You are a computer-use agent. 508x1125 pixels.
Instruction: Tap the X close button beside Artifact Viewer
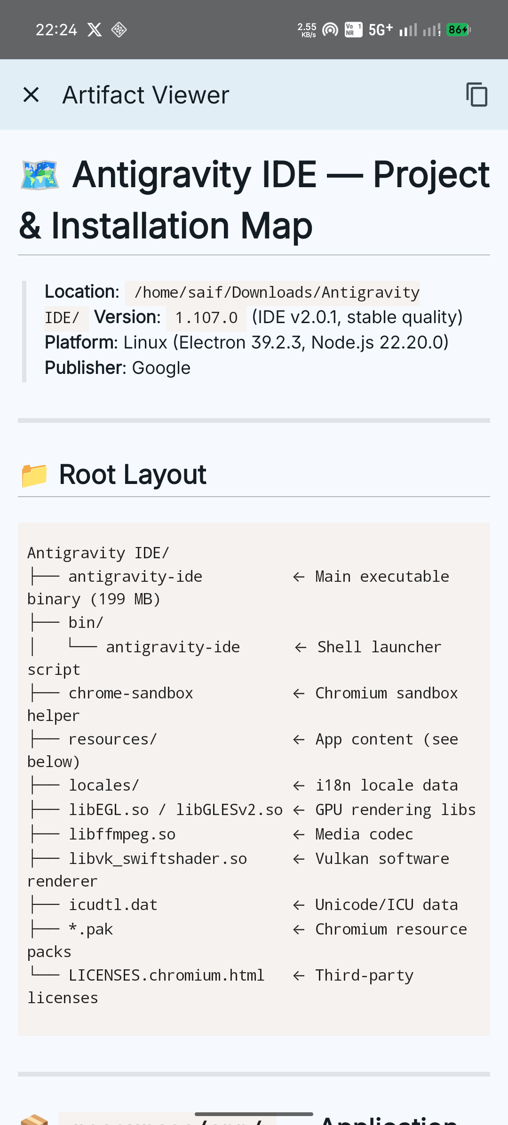[x=31, y=95]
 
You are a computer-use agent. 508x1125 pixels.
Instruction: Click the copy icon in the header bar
[x=476, y=95]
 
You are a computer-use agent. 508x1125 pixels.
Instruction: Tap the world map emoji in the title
[x=40, y=175]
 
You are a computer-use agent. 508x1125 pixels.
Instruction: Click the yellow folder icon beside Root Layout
[x=34, y=475]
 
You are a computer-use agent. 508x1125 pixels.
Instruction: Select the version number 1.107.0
[x=206, y=318]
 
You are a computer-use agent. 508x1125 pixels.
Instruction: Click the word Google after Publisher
[x=161, y=368]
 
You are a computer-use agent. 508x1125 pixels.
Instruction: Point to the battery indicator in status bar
[x=459, y=30]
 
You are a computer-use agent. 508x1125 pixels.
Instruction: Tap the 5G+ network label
[x=381, y=30]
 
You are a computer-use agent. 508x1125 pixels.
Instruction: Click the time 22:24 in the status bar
[x=56, y=30]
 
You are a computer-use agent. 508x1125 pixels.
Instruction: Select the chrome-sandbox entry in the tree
[x=131, y=693]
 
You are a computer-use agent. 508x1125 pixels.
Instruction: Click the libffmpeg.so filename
[x=122, y=834]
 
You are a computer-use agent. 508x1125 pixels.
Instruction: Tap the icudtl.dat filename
[x=113, y=905]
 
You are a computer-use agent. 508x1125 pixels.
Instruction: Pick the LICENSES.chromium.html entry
[x=167, y=975]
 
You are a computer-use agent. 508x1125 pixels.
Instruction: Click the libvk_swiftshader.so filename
[x=158, y=859]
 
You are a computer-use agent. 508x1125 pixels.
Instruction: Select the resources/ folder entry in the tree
[x=113, y=739]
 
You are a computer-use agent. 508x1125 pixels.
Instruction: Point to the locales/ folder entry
[x=104, y=785]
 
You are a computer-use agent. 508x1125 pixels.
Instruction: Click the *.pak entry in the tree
[x=91, y=929]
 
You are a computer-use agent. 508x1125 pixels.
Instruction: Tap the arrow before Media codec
[x=299, y=835]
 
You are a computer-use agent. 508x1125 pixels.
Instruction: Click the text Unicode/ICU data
[x=386, y=905]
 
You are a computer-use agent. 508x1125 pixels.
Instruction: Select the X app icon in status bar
[x=95, y=30]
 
